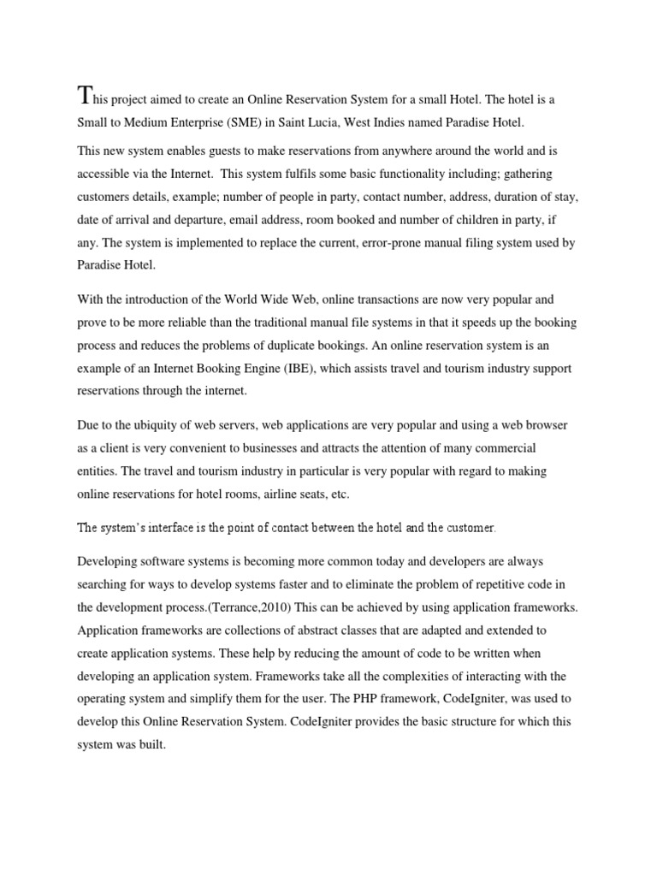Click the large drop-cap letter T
coord(84,95)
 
